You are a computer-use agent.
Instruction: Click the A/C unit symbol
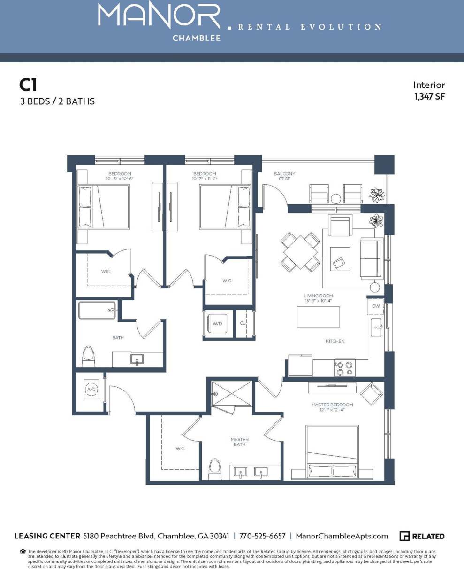[x=91, y=390]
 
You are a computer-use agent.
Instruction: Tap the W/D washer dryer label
[x=217, y=324]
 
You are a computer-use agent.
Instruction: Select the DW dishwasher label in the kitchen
[x=375, y=306]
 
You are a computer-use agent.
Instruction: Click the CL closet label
[x=243, y=324]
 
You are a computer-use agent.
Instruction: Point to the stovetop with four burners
[x=345, y=368]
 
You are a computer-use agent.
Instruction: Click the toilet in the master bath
[x=215, y=468]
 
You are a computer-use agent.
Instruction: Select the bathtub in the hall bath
[x=97, y=311]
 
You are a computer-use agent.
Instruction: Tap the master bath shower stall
[x=231, y=393]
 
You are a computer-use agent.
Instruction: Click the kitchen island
[x=318, y=317]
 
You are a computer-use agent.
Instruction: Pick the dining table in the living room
[x=300, y=251]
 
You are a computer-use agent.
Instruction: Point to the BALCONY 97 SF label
[x=284, y=176]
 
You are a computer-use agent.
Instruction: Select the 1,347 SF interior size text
[x=429, y=97]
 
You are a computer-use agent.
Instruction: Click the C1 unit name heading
[x=28, y=85]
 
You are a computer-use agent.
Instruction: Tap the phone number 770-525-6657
[x=262, y=536]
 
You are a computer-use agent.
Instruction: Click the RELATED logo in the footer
[x=422, y=536]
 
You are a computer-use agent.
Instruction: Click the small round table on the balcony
[x=335, y=198]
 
